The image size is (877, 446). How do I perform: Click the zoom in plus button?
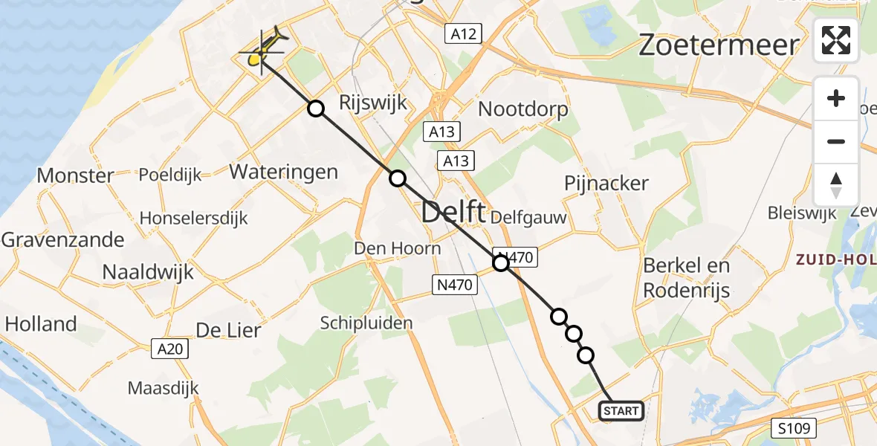pos(836,99)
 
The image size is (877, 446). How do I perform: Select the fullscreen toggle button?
pos(836,40)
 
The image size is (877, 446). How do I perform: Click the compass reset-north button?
pos(836,185)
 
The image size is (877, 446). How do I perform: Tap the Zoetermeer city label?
pos(719,46)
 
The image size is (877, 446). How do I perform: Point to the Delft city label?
pos(453,213)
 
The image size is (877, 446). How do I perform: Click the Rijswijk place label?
pos(373,102)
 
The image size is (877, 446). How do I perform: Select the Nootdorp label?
pos(523,109)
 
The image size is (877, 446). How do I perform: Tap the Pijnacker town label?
pos(606,183)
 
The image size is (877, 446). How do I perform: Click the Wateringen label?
pos(284,172)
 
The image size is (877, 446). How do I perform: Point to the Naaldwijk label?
pos(148,271)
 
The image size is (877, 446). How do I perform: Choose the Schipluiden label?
pos(366,323)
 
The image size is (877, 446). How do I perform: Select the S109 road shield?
pos(794,428)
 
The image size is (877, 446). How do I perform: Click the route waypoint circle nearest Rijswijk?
pos(317,109)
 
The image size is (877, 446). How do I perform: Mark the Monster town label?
pos(75,176)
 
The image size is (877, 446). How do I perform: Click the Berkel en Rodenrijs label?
pos(687,277)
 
